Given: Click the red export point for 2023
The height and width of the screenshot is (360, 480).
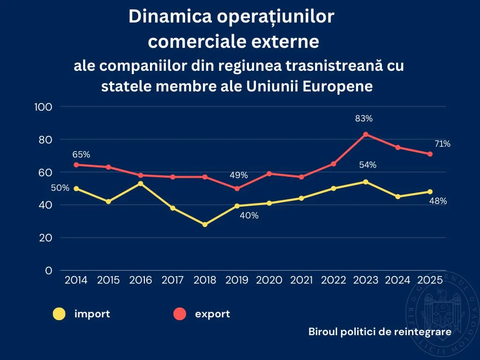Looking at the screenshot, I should (366, 134).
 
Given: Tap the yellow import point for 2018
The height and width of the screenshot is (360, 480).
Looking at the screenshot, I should (205, 225).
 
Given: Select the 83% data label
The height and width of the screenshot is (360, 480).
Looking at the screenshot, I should (364, 119).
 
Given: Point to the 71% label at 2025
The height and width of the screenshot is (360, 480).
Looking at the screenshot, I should (442, 144).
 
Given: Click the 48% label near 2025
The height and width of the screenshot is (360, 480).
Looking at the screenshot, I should (438, 201).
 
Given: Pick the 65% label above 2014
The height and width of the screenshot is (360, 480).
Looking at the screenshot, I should (81, 154).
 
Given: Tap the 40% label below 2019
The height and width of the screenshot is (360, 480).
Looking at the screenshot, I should (249, 216).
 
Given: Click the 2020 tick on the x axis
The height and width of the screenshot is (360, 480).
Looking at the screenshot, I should (269, 280).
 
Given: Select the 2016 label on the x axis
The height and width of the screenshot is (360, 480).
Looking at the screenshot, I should (141, 280).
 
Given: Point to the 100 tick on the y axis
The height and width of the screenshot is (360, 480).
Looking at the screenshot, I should (43, 107).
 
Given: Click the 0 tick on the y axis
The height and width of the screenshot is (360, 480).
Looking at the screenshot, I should (48, 270).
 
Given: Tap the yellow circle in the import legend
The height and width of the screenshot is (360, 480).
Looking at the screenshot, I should (59, 314).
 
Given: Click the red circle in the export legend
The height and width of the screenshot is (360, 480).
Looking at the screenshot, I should (180, 314).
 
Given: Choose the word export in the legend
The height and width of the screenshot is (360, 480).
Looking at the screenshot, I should (212, 314).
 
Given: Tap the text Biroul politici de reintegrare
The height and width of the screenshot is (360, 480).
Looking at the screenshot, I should (380, 332).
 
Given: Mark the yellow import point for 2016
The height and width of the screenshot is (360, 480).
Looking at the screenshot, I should (141, 183).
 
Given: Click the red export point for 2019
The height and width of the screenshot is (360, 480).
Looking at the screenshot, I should (237, 188).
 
